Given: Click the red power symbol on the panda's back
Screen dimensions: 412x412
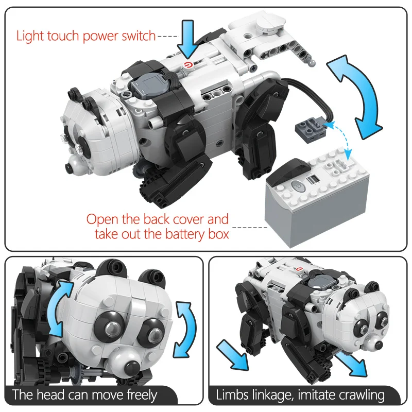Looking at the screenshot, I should tap(188, 65).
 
